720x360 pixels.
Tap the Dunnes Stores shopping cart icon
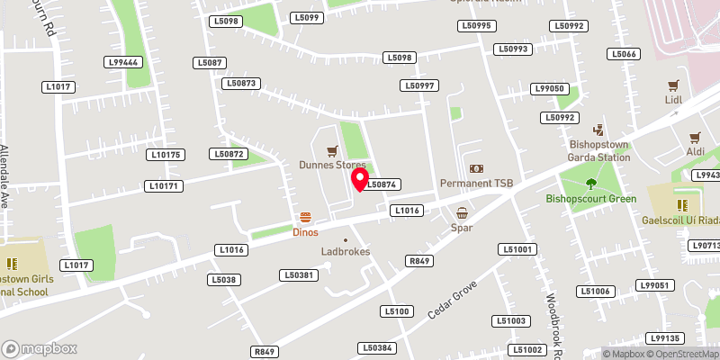(x=332, y=151)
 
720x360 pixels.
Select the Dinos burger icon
(x=306, y=218)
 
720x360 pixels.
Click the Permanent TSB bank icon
(x=476, y=169)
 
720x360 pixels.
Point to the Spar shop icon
(x=462, y=213)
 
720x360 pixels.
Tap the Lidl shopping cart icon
(x=671, y=85)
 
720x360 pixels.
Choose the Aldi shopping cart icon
(x=694, y=138)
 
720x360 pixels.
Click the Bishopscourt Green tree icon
(x=591, y=184)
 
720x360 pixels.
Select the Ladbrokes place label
(x=346, y=252)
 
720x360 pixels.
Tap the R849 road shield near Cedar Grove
(x=419, y=261)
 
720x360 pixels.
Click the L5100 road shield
(x=397, y=311)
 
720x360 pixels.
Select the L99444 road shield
(x=122, y=62)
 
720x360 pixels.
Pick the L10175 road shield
(x=166, y=155)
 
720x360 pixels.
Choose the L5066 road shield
(x=624, y=54)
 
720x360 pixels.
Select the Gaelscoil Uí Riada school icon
(x=681, y=204)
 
